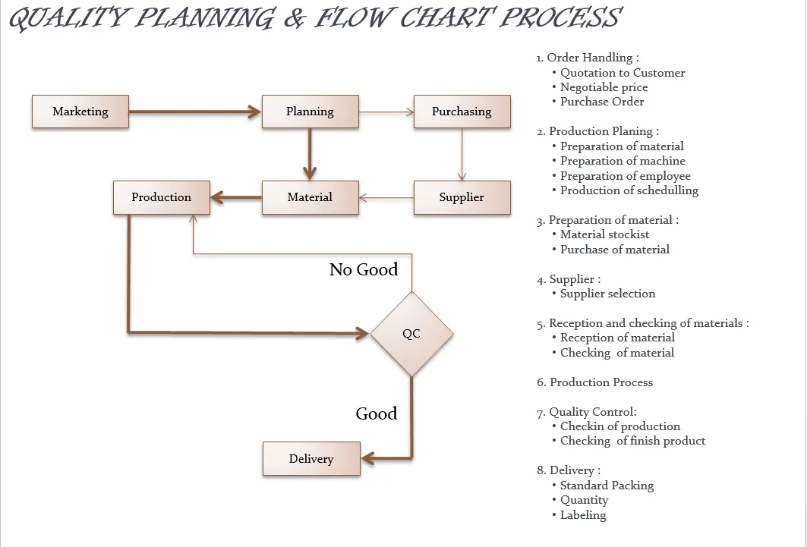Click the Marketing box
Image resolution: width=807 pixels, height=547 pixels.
(80, 112)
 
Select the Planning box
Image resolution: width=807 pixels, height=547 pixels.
(311, 112)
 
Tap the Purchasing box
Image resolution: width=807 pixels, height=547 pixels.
(462, 112)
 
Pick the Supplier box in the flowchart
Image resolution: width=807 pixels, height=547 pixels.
(462, 197)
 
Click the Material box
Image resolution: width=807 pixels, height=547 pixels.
(311, 197)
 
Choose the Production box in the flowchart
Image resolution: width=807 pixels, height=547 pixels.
(162, 197)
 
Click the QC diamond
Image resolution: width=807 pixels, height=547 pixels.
(411, 334)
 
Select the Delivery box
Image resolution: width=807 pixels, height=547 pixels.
(311, 458)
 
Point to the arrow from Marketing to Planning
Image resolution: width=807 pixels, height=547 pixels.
(195, 112)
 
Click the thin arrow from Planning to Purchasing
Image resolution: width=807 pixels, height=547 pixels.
(386, 112)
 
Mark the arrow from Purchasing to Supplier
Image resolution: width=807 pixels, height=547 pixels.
(462, 154)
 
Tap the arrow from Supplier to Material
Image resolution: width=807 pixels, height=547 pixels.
(386, 197)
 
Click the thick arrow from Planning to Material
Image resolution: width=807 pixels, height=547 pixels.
(310, 154)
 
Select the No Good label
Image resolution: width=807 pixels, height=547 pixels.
(364, 269)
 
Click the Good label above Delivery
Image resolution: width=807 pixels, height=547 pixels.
(377, 413)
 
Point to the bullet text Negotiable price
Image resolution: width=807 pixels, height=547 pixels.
(604, 87)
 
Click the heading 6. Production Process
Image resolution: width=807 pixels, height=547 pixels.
(594, 382)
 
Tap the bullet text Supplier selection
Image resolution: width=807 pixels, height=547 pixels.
(607, 294)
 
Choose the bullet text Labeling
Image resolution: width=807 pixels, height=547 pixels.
(583, 515)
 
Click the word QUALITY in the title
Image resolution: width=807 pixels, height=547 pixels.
(67, 18)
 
